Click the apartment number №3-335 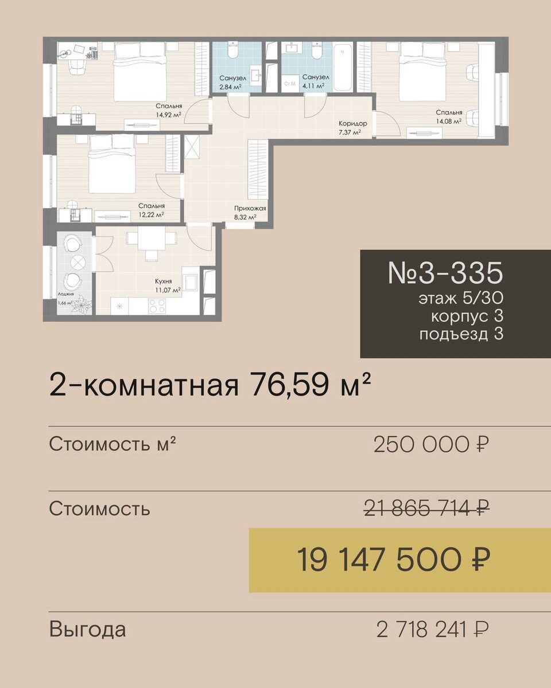(x=445, y=273)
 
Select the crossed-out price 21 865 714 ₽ (x=427, y=508)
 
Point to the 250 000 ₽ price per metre (x=431, y=445)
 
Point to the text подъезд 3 (x=461, y=335)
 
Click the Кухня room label (x=163, y=282)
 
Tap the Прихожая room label (x=250, y=209)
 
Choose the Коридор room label (x=353, y=123)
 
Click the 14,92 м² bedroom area (x=168, y=115)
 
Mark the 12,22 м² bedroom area (x=151, y=214)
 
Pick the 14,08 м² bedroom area (x=448, y=121)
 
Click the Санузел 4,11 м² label (x=315, y=81)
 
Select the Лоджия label (x=66, y=295)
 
